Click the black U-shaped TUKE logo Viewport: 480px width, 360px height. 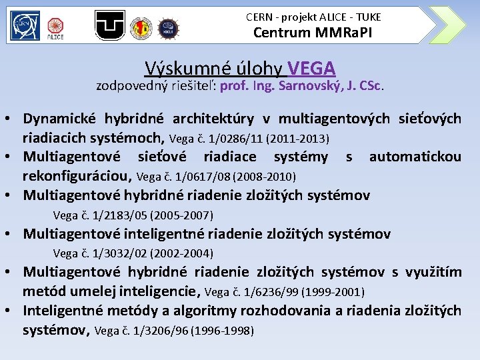point(110,25)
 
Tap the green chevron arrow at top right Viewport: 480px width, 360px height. point(447,25)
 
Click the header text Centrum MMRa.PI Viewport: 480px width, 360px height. point(313,32)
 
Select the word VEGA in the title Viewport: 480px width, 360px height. point(311,68)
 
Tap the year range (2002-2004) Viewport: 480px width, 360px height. point(182,253)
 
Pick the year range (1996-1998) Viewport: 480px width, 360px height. point(222,330)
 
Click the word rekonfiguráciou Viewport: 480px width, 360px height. point(77,176)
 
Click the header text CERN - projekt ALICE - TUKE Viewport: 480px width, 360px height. point(313,16)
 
